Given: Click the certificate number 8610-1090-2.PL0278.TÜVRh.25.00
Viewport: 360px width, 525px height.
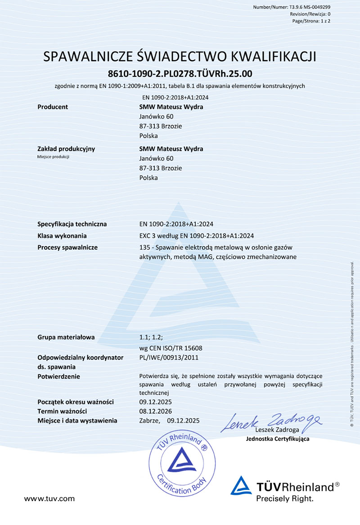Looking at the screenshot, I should [x=180, y=73].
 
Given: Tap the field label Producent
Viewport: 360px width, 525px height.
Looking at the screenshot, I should [x=53, y=107].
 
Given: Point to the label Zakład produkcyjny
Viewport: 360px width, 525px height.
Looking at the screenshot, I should [x=66, y=148].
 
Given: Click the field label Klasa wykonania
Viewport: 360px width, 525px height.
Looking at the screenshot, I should [x=62, y=236].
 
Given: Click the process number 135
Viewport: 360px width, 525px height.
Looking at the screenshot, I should [x=145, y=247].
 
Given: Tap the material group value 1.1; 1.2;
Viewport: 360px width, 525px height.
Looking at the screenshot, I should [x=151, y=337].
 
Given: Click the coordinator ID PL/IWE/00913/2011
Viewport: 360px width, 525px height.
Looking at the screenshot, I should [x=169, y=357].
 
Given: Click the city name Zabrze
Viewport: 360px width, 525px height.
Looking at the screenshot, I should [x=150, y=421].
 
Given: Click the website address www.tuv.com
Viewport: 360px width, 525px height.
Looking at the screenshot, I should [x=49, y=498].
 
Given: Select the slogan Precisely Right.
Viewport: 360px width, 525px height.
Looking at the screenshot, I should [x=284, y=498].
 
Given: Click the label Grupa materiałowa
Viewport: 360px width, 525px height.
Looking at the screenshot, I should [x=66, y=337].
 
